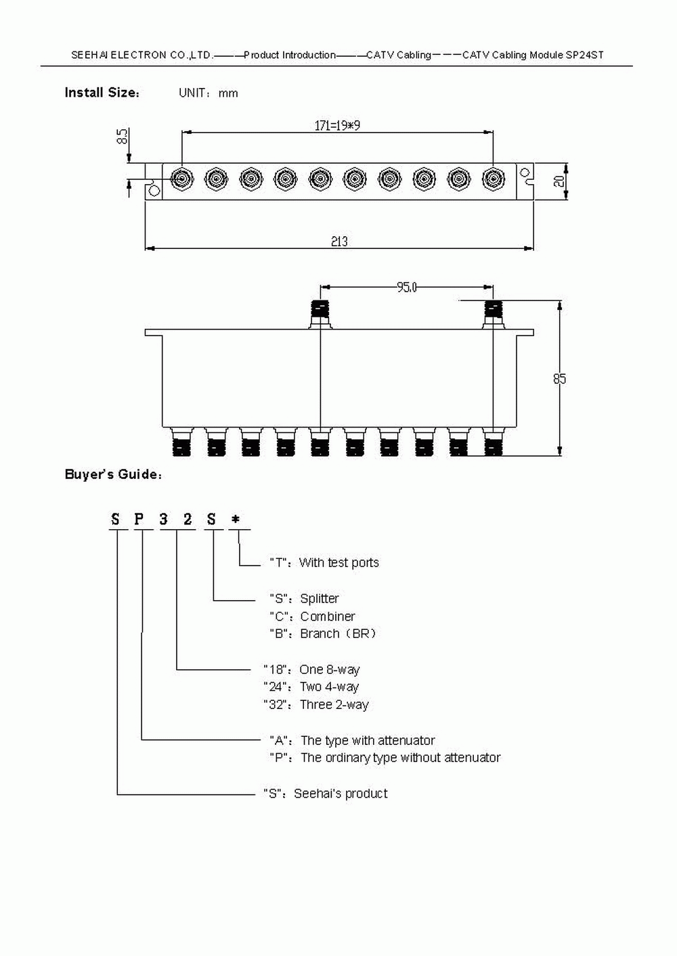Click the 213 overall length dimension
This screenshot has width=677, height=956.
(x=339, y=241)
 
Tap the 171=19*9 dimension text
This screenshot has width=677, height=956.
(x=337, y=125)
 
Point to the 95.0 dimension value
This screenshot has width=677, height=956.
(x=406, y=288)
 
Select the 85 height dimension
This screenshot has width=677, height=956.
(x=559, y=379)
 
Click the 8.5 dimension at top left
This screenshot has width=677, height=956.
(x=123, y=137)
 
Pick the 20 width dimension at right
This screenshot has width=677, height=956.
(x=559, y=180)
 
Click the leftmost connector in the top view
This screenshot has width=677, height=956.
(x=181, y=179)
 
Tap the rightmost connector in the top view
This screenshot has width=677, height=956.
(x=493, y=179)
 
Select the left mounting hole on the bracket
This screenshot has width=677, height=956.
(x=154, y=191)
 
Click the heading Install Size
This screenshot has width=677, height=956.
(x=102, y=93)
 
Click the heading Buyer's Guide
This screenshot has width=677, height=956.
(x=113, y=474)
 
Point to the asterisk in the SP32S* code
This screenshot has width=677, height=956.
(x=236, y=520)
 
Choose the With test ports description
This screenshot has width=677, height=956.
(x=338, y=563)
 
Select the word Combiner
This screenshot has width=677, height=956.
(x=328, y=616)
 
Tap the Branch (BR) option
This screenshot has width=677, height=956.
(x=337, y=634)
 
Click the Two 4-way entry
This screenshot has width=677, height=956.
(x=329, y=687)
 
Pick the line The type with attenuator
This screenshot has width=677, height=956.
(x=368, y=740)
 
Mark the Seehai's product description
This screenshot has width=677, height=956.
(x=341, y=794)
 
